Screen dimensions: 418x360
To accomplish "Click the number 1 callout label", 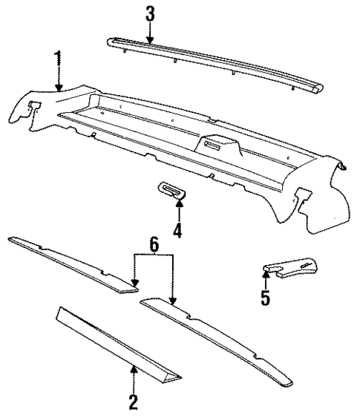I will pyautogui.click(x=58, y=59).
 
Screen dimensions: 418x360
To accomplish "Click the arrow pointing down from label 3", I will pyautogui.click(x=149, y=31).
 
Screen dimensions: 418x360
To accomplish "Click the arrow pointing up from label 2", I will pyautogui.click(x=134, y=379).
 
